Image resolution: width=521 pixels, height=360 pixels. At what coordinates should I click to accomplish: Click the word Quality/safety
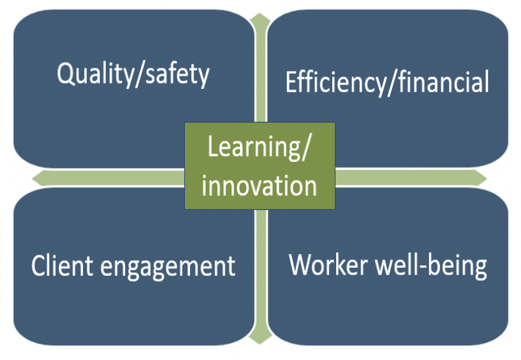click(134, 74)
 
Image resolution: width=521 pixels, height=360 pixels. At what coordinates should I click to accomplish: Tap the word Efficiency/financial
click(387, 82)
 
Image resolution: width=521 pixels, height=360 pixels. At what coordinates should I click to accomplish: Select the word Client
click(62, 266)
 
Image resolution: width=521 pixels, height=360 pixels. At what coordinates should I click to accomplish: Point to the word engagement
click(168, 268)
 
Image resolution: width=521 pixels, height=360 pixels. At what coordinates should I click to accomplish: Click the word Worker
click(328, 265)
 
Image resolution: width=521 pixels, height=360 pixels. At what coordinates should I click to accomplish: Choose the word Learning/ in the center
click(259, 147)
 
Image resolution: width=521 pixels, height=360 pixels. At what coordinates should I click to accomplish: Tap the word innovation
click(259, 186)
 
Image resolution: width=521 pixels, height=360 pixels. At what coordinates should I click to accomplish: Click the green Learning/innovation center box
click(260, 166)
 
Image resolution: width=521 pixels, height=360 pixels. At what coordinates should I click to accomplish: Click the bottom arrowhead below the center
click(260, 338)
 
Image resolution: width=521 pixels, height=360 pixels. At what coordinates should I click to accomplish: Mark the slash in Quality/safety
click(139, 76)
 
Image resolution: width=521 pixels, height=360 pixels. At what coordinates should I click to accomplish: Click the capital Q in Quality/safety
click(66, 74)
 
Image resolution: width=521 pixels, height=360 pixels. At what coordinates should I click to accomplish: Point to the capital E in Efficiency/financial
click(291, 82)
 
